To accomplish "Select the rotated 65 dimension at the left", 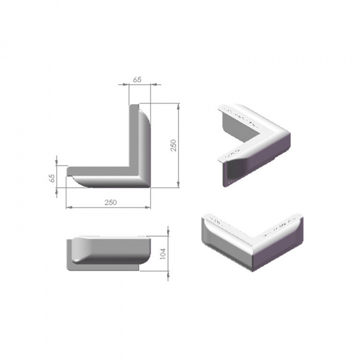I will tap(51, 178).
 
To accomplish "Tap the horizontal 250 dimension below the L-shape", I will tap(110, 202).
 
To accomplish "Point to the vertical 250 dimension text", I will tap(173, 145).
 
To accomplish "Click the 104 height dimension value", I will tap(161, 253).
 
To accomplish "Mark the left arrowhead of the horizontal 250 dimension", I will tap(68, 206).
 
